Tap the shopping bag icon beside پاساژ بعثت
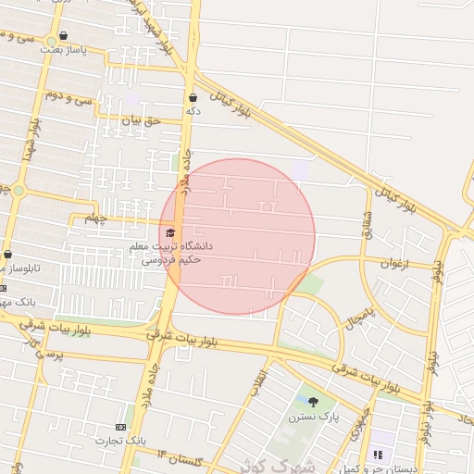[x=63, y=36]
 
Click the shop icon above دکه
[x=193, y=97]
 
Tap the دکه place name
[x=193, y=111]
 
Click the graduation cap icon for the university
[x=169, y=233]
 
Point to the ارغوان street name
[x=393, y=264]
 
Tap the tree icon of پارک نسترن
[x=313, y=402]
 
